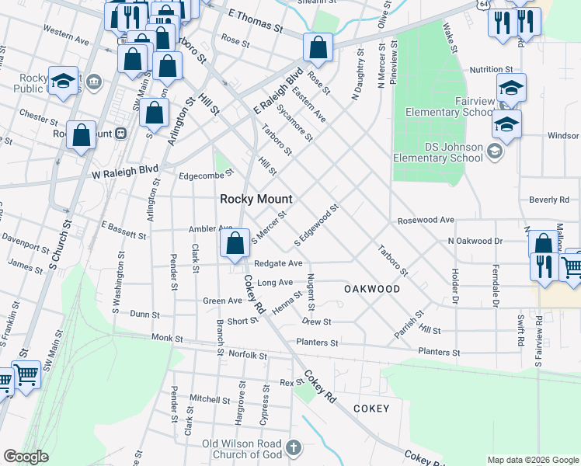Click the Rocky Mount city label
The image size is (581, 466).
(256, 199)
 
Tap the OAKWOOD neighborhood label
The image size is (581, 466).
(372, 289)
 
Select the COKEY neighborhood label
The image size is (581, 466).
(371, 408)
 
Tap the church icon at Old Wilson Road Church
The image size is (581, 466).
(293, 447)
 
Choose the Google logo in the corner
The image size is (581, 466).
(26, 457)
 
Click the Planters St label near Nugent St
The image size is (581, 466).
(317, 343)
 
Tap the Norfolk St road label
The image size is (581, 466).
(248, 355)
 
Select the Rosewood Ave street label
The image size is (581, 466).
(425, 220)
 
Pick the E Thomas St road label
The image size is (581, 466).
(256, 20)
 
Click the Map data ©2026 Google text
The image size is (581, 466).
(532, 460)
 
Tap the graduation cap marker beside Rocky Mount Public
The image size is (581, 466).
(62, 80)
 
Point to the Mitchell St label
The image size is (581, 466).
(204, 398)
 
